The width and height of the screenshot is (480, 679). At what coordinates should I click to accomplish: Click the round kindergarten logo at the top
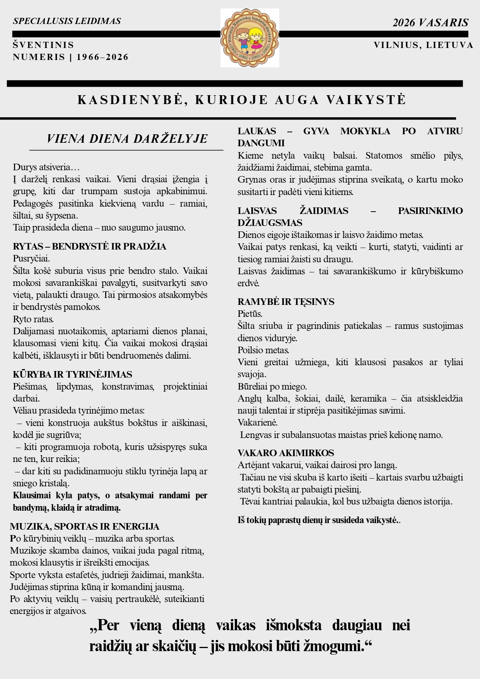[x=249, y=38]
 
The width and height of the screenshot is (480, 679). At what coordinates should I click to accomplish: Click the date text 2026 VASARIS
[x=430, y=23]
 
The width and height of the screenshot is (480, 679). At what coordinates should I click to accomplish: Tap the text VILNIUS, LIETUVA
[x=423, y=45]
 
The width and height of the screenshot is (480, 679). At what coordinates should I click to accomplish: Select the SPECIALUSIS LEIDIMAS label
[x=67, y=21]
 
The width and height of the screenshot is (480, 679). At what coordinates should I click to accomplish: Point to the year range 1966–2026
[x=102, y=57]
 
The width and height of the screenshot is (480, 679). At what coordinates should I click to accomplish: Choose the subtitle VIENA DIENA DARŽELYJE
[x=127, y=139]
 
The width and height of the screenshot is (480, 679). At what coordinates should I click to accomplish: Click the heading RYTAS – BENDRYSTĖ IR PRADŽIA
[x=89, y=246]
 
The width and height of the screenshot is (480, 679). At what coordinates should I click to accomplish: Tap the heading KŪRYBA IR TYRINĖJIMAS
[x=72, y=375]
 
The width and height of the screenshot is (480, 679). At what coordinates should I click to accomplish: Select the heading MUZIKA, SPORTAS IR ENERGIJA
[x=84, y=527]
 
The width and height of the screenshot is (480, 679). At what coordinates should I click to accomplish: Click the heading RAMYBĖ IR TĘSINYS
[x=286, y=302]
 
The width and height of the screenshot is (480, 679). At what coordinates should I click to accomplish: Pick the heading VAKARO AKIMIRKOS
[x=286, y=453]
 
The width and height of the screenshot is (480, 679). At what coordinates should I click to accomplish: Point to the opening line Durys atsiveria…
[x=46, y=167]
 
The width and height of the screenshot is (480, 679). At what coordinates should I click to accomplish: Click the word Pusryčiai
[x=31, y=258]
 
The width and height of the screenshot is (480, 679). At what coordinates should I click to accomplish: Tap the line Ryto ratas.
[x=33, y=319]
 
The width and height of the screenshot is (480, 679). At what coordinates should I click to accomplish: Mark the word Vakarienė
[x=257, y=422]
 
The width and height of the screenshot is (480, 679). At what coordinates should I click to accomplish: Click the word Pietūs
[x=250, y=314]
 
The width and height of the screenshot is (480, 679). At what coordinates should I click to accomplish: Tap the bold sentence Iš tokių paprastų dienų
[x=318, y=520]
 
